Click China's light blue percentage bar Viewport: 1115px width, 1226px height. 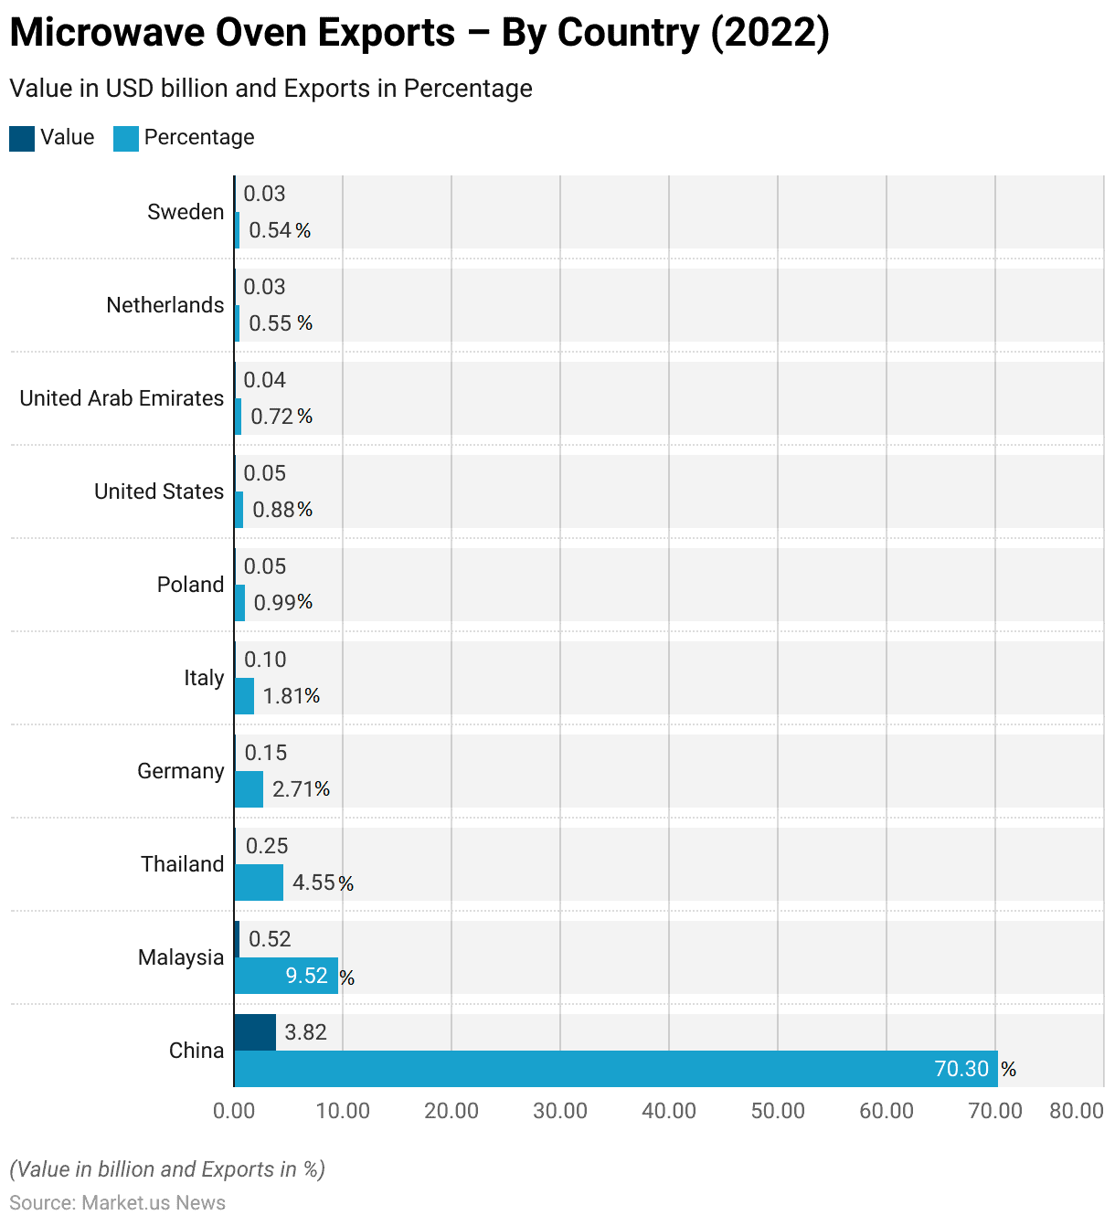615,1069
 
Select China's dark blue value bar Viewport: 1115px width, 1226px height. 255,1032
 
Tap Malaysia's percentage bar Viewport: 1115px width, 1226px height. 286,976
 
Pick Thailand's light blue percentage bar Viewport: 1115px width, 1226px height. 259,883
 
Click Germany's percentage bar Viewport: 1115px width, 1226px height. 249,789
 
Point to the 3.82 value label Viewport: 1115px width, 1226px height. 305,1032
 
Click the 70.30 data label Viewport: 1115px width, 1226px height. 961,1069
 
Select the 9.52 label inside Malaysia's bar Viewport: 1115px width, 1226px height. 306,976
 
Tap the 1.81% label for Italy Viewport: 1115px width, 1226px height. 292,696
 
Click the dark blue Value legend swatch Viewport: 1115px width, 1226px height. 22,138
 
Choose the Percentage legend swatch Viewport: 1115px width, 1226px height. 126,138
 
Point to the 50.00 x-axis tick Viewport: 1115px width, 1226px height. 778,1111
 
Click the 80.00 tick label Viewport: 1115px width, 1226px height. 1077,1111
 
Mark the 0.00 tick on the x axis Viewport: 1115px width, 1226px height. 234,1111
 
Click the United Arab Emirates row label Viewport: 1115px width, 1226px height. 122,398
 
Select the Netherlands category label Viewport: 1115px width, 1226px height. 165,305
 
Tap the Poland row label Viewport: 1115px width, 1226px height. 190,585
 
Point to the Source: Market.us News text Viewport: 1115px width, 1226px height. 117,1202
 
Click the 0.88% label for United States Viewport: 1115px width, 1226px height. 282,510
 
